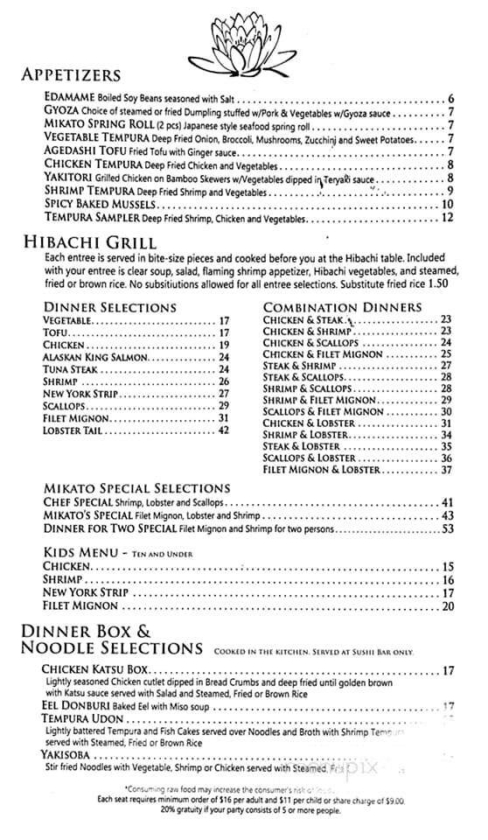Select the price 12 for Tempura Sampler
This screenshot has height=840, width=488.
[448, 217]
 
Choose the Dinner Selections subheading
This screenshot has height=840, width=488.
[109, 307]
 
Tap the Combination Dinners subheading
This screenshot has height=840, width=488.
[343, 307]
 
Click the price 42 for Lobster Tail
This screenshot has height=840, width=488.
[224, 430]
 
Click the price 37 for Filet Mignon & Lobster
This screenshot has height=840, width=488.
[446, 470]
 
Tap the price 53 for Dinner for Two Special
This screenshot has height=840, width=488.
[448, 528]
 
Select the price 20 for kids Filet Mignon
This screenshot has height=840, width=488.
[448, 606]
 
